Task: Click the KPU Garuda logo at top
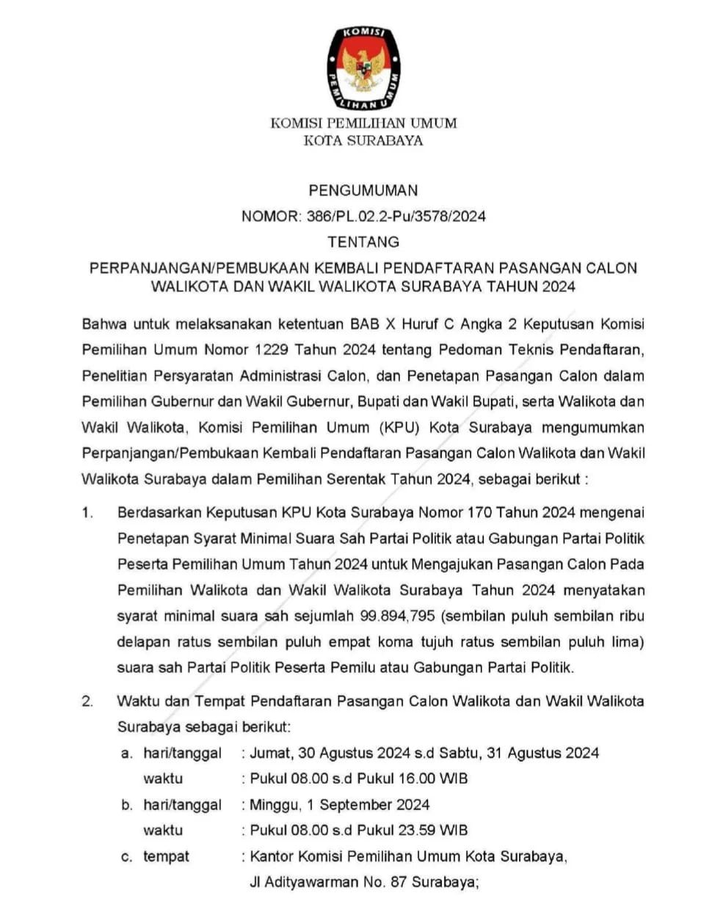point(363,68)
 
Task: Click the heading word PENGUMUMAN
point(363,191)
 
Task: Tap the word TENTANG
point(363,241)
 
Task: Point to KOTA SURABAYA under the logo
point(363,141)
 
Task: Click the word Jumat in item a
point(269,753)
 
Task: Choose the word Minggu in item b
point(273,805)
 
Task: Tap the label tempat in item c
point(166,856)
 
